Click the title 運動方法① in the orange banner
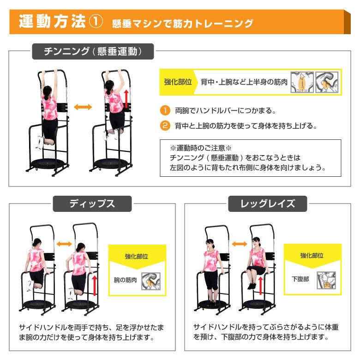pos(61,21)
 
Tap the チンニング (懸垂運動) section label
pos(93,51)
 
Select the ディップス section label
pos(92,204)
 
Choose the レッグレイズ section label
pos(268,204)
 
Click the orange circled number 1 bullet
pos(165,110)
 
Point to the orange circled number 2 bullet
pos(165,126)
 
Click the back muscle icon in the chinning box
pos(302,82)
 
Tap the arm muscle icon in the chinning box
pos(327,82)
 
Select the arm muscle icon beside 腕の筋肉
pos(150,281)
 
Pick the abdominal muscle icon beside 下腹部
pos(326,280)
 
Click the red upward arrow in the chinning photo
pos(126,99)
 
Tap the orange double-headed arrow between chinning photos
pos(83,107)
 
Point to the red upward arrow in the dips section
pos(94,285)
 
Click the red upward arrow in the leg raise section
pos(260,285)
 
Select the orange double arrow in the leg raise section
pos(240,244)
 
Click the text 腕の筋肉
pos(125,280)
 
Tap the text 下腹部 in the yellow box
pos(300,279)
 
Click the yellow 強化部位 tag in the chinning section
pos(178,82)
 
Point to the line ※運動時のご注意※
pos(201,148)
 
